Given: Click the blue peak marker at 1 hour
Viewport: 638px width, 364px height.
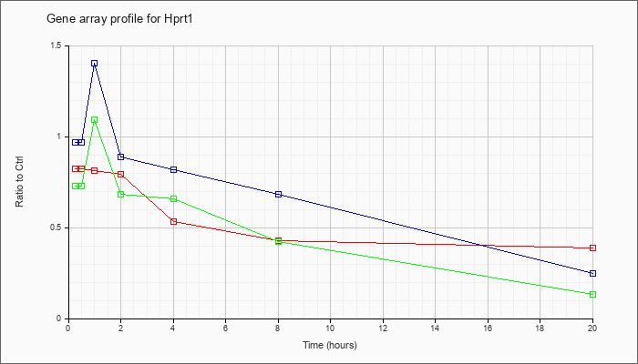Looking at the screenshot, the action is [95, 64].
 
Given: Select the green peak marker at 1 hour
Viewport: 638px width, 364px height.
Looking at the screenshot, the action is [95, 120].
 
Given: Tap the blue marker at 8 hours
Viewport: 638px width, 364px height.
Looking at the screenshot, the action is [278, 194].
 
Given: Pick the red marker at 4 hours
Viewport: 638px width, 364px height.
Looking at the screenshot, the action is [173, 221].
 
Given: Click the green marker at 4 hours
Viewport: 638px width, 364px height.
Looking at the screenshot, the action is [173, 198].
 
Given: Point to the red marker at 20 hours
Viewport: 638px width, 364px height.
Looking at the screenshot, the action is [592, 248].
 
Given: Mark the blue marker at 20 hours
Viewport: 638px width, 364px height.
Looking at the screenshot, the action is [592, 273].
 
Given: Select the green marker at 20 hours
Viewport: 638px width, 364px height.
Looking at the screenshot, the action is [592, 294].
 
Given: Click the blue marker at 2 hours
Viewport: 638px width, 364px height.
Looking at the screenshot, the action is [121, 157].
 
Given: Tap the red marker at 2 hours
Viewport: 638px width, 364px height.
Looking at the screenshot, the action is [121, 175].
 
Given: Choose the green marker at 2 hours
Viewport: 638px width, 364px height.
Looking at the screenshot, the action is [121, 194].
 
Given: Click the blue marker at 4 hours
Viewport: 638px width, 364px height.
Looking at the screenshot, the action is [173, 169].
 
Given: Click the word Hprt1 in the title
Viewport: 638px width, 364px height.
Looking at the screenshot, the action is [180, 19].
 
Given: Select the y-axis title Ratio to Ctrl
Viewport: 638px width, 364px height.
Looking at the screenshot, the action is [19, 181].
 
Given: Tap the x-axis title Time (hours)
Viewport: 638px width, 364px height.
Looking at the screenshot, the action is [330, 345].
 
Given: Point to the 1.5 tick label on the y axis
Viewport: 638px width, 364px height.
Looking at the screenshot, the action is [57, 45].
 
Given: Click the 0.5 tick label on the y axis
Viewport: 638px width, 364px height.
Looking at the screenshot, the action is [57, 227].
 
